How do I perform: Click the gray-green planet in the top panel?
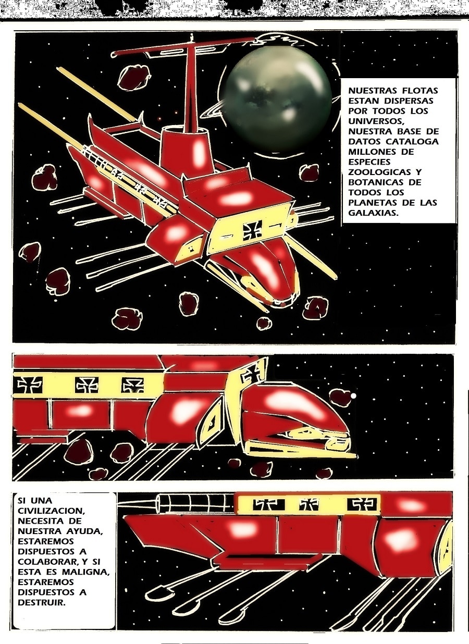tap(278, 99)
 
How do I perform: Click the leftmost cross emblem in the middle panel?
tap(30, 385)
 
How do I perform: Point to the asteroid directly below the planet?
tap(310, 172)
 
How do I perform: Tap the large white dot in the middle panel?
tap(353, 396)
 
